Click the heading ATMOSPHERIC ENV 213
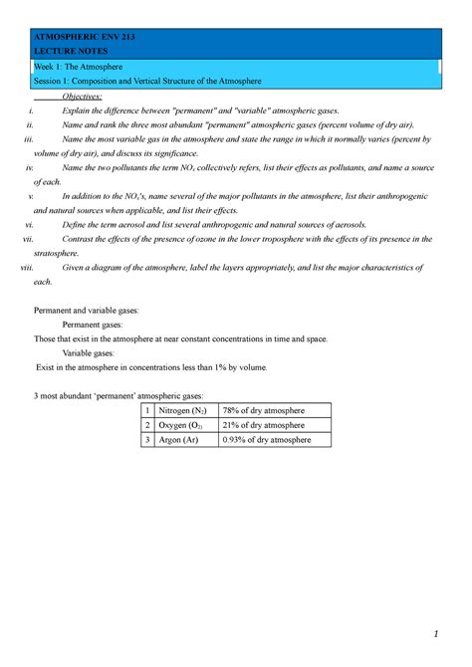coord(85,36)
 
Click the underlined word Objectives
coord(83,95)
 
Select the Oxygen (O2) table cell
coord(183,425)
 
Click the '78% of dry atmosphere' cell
coord(263,410)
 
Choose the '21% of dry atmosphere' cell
coord(263,425)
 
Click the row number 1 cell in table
coord(146,410)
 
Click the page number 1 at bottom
coord(435,634)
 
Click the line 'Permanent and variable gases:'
coord(87,311)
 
